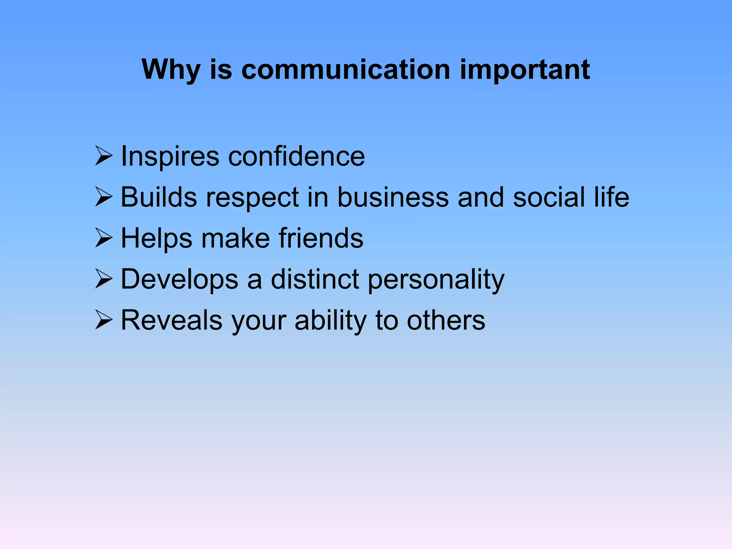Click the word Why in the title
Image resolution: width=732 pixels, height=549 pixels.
click(171, 70)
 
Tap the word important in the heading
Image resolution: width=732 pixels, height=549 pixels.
click(525, 70)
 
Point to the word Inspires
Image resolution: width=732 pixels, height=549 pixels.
click(170, 157)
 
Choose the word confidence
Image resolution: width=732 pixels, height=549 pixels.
click(296, 156)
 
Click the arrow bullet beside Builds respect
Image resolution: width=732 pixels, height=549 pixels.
click(104, 197)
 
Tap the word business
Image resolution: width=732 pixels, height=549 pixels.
click(393, 197)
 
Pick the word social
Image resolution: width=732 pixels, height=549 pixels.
click(549, 197)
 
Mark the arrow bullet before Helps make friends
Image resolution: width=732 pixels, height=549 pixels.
click(104, 238)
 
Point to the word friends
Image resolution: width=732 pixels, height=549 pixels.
click(321, 238)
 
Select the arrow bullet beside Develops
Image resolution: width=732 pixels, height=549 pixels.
click(104, 279)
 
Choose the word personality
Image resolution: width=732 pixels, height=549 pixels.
click(436, 280)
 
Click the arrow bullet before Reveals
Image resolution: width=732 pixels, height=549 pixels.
click(104, 320)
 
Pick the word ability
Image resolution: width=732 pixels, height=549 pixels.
click(330, 321)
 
